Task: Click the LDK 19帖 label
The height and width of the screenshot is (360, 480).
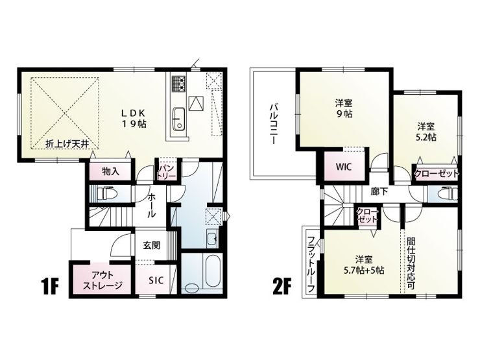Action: click(x=134, y=118)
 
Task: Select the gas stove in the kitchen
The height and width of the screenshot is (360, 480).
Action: click(x=178, y=83)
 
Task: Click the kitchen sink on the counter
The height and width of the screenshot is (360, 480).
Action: click(x=178, y=119)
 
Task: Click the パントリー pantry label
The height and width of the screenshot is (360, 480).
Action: click(x=167, y=172)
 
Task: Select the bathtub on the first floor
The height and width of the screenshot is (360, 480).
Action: click(x=213, y=271)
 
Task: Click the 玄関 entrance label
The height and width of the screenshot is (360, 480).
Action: click(x=152, y=245)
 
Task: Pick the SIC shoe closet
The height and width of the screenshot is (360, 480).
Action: click(x=156, y=280)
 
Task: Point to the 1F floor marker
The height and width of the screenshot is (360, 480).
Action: click(x=50, y=286)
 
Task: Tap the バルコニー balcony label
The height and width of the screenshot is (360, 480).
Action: click(x=273, y=125)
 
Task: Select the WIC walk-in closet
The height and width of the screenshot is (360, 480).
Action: click(x=344, y=167)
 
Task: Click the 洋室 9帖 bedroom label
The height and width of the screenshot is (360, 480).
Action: click(x=344, y=108)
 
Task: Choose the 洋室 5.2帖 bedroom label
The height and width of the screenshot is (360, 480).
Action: click(x=426, y=132)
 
